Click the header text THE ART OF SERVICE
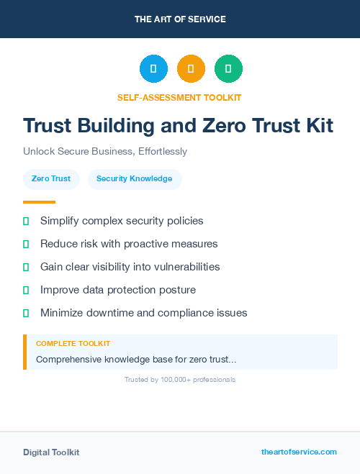point(180,19)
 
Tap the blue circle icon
point(153,69)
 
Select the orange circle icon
point(191,69)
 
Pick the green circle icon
point(228,69)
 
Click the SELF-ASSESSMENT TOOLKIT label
point(179,97)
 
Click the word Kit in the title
point(318,126)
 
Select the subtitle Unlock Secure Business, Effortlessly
point(105,152)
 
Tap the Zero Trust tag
point(51,178)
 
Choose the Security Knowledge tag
point(135,178)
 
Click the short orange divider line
point(39,202)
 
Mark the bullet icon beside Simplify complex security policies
point(26,221)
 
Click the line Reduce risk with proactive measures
point(129,244)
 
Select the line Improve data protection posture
point(118,290)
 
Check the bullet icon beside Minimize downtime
point(26,313)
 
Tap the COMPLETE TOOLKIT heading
point(73,344)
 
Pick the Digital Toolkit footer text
point(51,452)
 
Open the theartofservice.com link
point(299,452)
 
